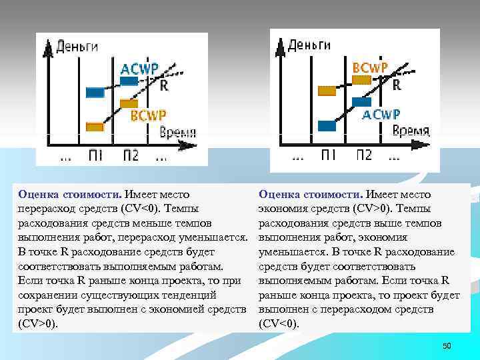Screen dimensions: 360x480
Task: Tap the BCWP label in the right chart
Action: [x=371, y=67]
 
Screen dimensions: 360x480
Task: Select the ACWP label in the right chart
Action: [x=381, y=115]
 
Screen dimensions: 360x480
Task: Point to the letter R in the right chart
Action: [x=397, y=85]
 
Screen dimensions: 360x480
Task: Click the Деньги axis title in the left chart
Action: [x=77, y=46]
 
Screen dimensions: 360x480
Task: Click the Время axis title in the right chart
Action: [x=411, y=131]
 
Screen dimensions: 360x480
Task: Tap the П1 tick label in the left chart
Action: [x=96, y=155]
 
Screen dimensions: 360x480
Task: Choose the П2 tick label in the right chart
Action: [x=363, y=155]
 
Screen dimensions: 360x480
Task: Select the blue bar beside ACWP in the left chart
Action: [x=128, y=81]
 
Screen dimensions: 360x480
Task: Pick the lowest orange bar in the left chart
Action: [x=95, y=126]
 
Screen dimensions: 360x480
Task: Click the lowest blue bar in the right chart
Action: [x=327, y=125]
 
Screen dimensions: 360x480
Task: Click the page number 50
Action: [x=447, y=345]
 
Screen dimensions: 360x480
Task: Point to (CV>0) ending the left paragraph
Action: [x=38, y=324]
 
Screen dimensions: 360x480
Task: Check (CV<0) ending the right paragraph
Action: [x=279, y=324]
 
